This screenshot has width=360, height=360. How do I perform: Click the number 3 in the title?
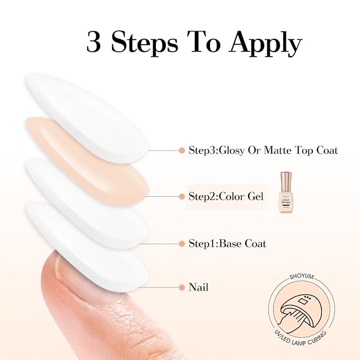tap(94, 42)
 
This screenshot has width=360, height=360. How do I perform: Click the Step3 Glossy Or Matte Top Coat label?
tap(263, 151)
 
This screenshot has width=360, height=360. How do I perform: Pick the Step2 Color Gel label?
tap(226, 196)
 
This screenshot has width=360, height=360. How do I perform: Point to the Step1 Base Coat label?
tap(227, 244)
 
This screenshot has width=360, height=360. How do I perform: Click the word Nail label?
tap(199, 287)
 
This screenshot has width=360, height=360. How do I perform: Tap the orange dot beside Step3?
tap(182, 151)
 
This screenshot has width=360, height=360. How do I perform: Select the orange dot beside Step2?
tap(182, 197)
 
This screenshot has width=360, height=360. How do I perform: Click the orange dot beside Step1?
tap(182, 244)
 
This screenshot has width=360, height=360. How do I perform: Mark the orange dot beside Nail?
tap(182, 288)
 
